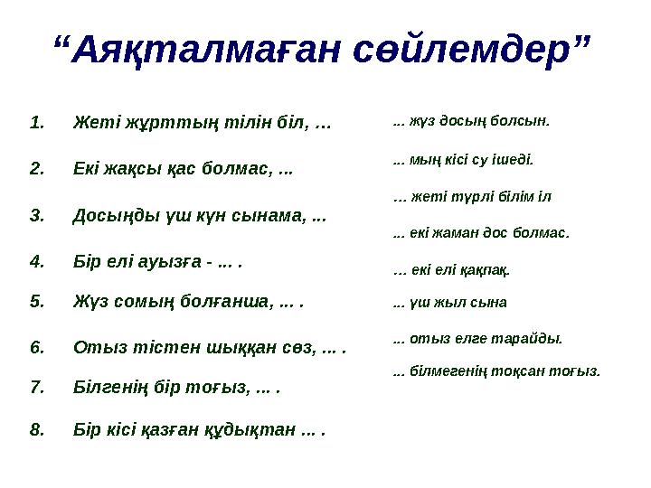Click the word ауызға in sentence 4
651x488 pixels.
172,263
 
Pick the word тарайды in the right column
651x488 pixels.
534,339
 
